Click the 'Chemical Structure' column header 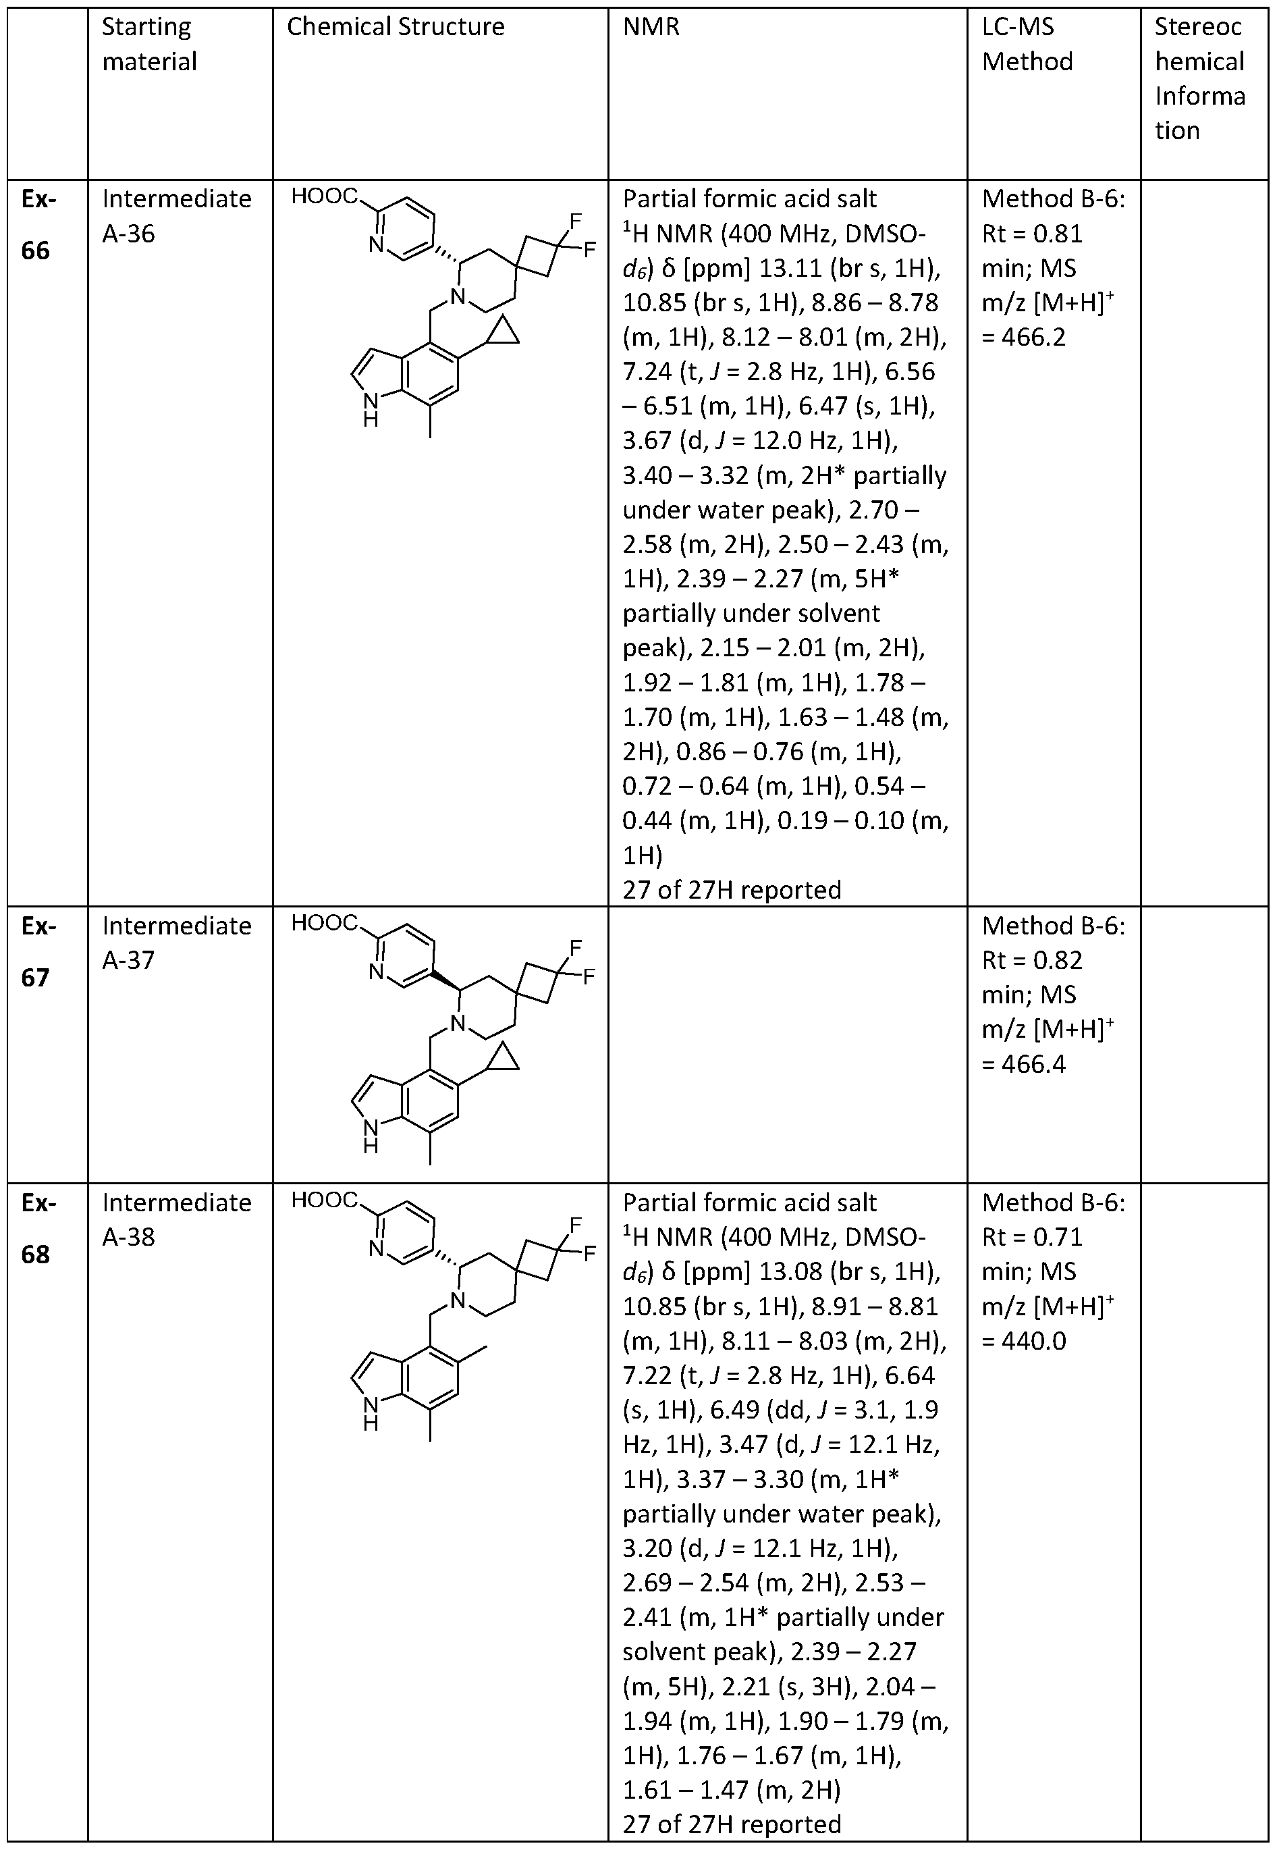point(396,27)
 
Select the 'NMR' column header point(651,27)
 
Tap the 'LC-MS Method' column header point(1027,44)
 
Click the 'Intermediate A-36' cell point(176,216)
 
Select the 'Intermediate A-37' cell point(176,943)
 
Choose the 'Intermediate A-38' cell point(176,1219)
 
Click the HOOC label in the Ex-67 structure point(324,924)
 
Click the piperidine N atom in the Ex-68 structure point(457,1300)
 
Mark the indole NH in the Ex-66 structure point(370,408)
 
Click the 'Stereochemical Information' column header point(1199,78)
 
